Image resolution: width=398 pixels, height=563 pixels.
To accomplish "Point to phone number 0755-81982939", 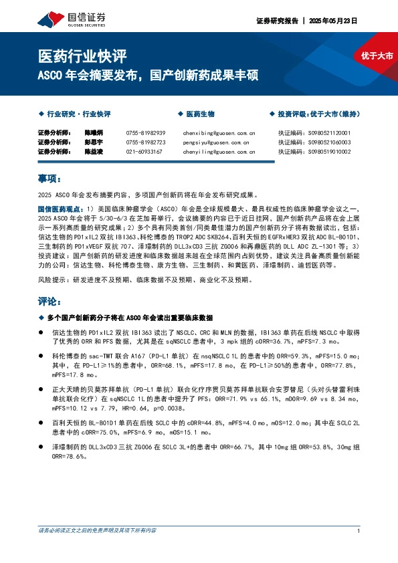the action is [x=145, y=133].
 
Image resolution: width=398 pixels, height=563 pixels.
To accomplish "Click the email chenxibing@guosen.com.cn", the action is [x=215, y=133].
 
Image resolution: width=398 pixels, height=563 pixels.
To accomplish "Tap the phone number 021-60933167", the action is [x=144, y=152].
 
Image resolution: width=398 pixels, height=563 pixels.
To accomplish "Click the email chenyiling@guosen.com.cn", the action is [x=215, y=152].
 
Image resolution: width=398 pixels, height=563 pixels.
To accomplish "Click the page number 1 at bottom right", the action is [x=359, y=530].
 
